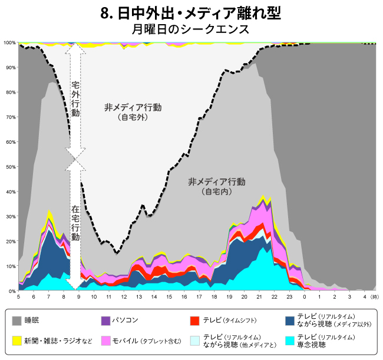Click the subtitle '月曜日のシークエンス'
point(191,28)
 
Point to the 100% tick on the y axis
point(9,43)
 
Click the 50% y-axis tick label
point(10,167)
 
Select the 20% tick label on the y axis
point(10,241)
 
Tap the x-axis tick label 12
point(124,297)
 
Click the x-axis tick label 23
point(289,297)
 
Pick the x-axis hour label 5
point(19,297)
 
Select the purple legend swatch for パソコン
point(106,321)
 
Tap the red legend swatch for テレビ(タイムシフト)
point(195,321)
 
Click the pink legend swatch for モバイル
point(106,341)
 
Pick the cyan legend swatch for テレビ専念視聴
point(289,341)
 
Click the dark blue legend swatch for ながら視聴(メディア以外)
point(289,321)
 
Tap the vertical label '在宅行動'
point(75,223)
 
